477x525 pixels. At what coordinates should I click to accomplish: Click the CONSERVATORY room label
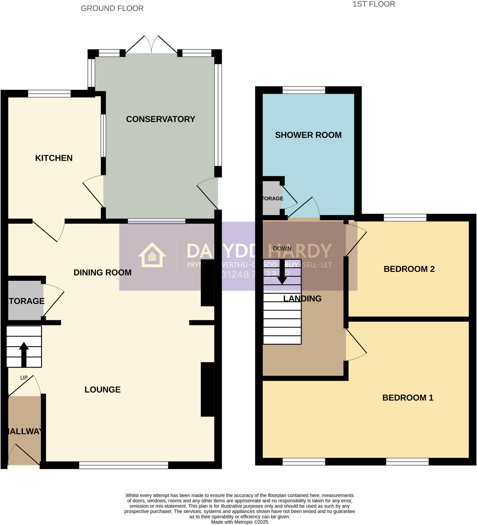click(x=161, y=119)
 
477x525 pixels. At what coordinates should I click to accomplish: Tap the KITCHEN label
click(x=54, y=158)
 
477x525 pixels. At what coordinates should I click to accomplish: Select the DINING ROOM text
click(x=102, y=272)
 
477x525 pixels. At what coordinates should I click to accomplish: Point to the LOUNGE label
click(x=102, y=390)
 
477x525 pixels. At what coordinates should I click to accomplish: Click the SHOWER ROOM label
click(x=308, y=135)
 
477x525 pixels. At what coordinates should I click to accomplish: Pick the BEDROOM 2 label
click(x=409, y=269)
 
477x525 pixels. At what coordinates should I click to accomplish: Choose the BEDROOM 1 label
click(x=408, y=398)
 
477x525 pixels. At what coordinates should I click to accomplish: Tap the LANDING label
click(x=302, y=298)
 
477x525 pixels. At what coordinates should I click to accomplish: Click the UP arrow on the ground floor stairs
click(x=24, y=354)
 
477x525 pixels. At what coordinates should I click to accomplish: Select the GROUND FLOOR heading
click(x=112, y=8)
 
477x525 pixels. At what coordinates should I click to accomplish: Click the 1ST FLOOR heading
click(x=374, y=4)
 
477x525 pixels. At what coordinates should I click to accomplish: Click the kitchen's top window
click(x=49, y=94)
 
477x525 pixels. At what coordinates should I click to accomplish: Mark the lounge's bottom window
click(x=124, y=465)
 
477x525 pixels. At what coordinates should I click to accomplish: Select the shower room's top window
click(x=304, y=90)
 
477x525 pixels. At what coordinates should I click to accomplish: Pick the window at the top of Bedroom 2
click(x=405, y=217)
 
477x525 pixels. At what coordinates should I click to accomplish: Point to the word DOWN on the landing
click(x=282, y=248)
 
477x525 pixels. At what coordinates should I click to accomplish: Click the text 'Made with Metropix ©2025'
click(x=240, y=522)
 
